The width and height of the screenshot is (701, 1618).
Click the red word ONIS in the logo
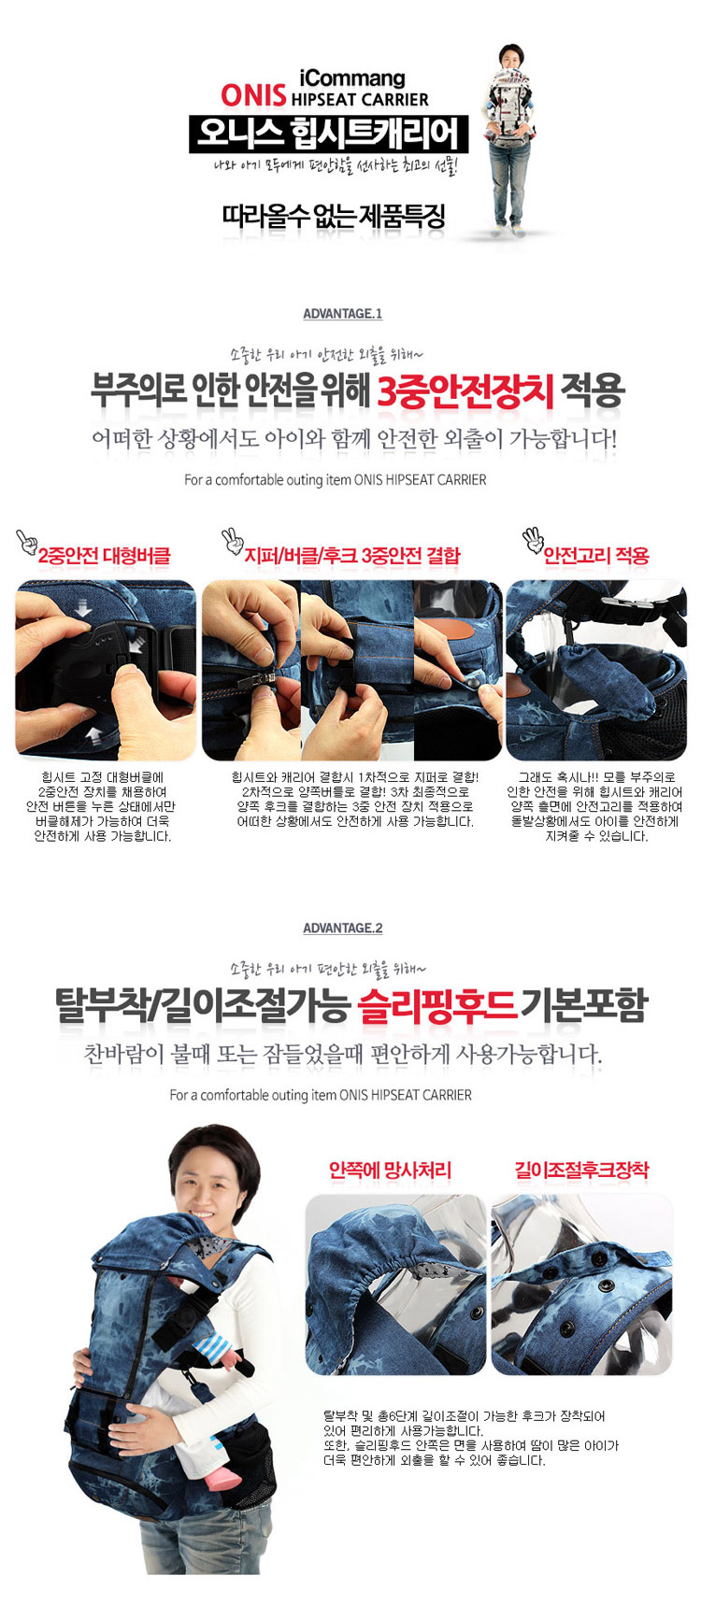[x=253, y=95]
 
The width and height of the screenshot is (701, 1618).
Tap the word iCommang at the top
[x=351, y=78]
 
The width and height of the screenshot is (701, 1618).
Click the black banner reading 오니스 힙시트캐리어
[x=328, y=133]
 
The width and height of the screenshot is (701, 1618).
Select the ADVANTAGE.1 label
[x=342, y=314]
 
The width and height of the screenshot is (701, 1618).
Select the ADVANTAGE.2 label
[x=342, y=928]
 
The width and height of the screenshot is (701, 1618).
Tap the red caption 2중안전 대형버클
[x=104, y=556]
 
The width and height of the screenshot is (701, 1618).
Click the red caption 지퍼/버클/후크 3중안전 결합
[x=352, y=556]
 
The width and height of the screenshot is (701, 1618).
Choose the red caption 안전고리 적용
[x=596, y=556]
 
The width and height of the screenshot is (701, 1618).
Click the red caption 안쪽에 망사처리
[x=391, y=1170]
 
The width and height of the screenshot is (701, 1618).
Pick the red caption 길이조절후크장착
[x=581, y=1170]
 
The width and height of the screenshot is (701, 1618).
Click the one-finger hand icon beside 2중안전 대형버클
[x=25, y=542]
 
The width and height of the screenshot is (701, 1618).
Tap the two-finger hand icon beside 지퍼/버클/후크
[x=231, y=542]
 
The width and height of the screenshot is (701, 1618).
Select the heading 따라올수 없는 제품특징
[x=334, y=217]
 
